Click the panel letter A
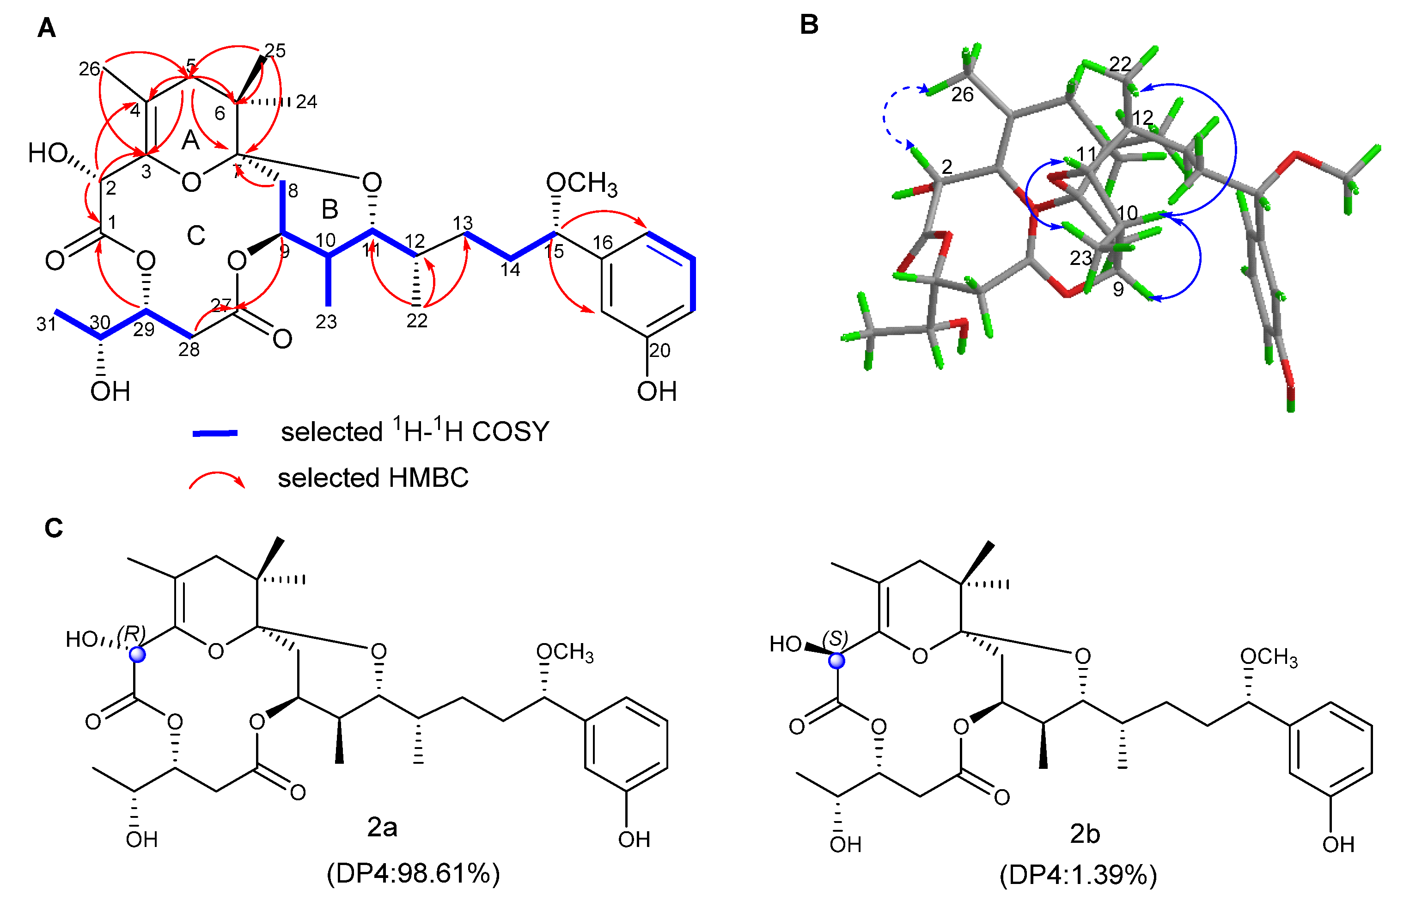coord(47,28)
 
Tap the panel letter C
coord(54,528)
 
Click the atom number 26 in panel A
coord(90,69)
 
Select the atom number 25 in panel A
coord(275,51)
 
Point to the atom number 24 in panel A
coord(306,102)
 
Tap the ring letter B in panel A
coord(330,209)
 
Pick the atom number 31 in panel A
coord(46,324)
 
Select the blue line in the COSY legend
coord(215,434)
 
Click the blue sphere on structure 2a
coord(138,655)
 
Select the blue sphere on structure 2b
coord(836,661)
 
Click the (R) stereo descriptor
coord(131,633)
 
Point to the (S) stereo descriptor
coord(835,638)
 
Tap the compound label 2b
coord(1084,834)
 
